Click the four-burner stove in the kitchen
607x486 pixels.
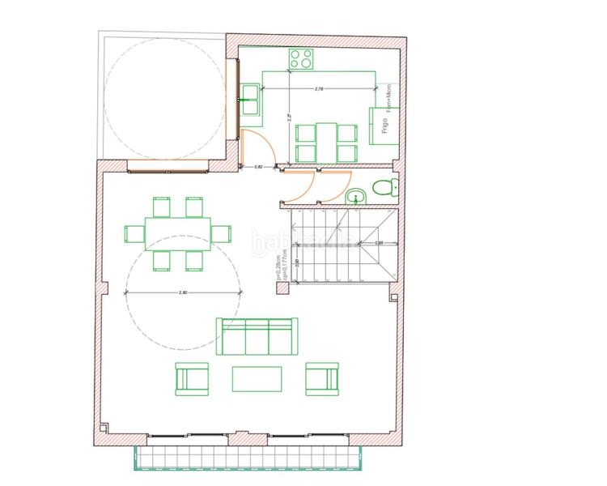click(x=302, y=58)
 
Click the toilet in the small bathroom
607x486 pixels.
click(x=384, y=190)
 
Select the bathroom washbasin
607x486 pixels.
click(x=355, y=197)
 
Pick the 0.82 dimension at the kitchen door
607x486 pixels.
click(x=259, y=167)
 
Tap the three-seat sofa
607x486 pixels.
click(x=256, y=335)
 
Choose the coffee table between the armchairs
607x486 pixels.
click(x=257, y=378)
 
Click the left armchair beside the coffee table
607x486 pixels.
click(x=191, y=377)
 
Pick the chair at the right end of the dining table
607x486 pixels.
click(x=222, y=233)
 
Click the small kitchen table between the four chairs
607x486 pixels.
click(x=326, y=143)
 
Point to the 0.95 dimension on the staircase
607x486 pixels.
click(x=379, y=242)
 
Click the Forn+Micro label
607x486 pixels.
click(x=391, y=99)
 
